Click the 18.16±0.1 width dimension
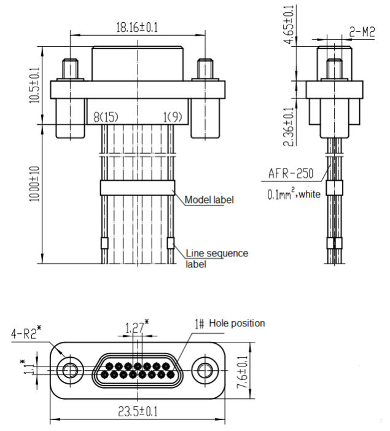point(137,28)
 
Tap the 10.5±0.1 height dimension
point(34,85)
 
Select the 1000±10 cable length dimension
point(34,184)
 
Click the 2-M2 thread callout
point(362,32)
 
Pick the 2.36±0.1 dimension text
point(289,127)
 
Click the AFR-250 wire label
point(291,173)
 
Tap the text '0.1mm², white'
point(294,194)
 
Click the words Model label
point(209,200)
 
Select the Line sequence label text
point(217,258)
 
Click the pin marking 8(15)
point(106,117)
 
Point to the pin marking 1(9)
point(173,117)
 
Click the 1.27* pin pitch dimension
point(137,327)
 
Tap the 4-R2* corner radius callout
point(26,333)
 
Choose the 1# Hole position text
point(230,323)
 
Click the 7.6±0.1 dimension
point(243,372)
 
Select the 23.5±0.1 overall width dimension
point(138,412)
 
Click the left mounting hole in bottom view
point(70,370)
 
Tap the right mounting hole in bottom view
point(205,370)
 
